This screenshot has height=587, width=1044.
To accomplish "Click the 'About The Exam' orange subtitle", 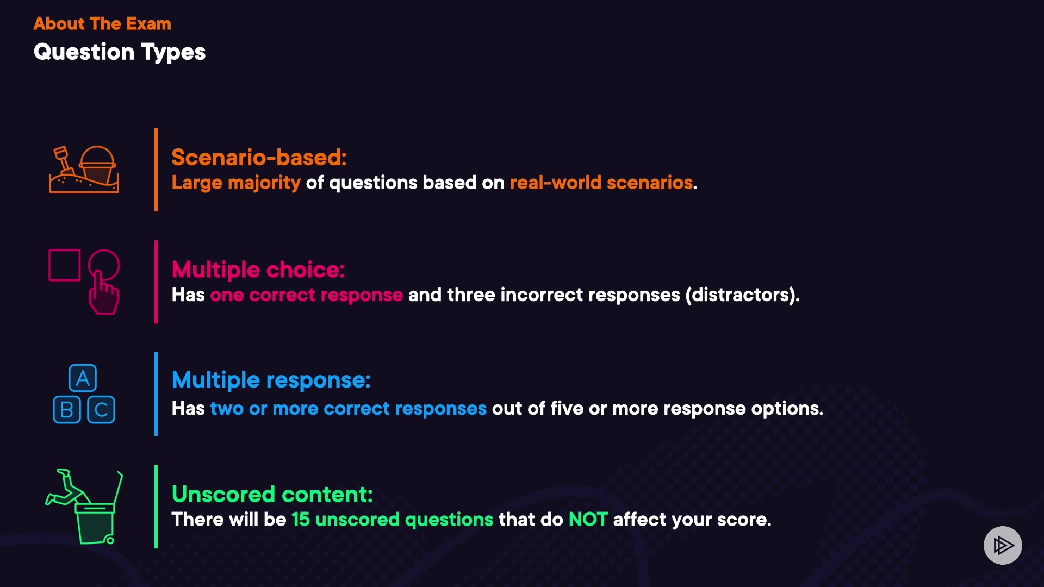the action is [102, 24].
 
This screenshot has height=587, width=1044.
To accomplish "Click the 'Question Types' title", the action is [120, 52].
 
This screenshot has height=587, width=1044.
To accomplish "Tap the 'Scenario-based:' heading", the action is [259, 158].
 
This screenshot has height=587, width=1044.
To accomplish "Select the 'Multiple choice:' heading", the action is [258, 270].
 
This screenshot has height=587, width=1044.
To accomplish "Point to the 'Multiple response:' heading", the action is [271, 380].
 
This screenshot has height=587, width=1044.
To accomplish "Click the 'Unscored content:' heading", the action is [272, 495].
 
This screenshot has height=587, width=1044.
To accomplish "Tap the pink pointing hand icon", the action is [104, 283].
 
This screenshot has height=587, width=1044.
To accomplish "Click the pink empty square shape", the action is [65, 265].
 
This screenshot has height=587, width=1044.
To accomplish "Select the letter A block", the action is [83, 378].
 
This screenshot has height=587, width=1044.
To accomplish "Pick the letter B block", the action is [67, 410].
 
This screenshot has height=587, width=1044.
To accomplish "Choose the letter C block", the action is [101, 410].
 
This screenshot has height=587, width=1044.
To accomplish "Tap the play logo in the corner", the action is [1003, 545].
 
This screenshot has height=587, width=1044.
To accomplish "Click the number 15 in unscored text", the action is [301, 520].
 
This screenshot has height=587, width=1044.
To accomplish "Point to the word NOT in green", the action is [588, 520].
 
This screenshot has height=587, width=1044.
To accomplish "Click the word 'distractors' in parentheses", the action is [742, 295].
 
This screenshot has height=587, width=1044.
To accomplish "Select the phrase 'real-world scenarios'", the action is [601, 183].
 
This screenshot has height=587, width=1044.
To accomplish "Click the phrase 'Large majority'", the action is [236, 183].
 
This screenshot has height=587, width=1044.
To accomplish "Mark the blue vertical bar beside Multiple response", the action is [156, 394].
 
